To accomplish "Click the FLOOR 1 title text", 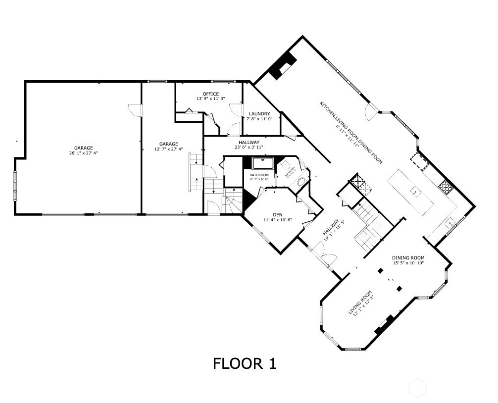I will coord(245,364).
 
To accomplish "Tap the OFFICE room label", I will coord(210,94).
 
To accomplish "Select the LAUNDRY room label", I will coord(259,114).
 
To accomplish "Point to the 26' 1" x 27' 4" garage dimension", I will coord(84,153).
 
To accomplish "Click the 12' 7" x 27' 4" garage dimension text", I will coord(168,149).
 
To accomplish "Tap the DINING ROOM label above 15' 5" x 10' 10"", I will coord(408,258).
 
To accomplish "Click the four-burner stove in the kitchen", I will coord(446,186).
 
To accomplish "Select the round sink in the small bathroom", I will coord(300,181).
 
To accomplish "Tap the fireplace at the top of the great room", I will coord(283,64).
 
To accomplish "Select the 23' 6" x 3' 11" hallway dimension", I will coord(249,147).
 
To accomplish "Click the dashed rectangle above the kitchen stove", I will coord(419,161).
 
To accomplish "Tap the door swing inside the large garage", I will coord(134,109).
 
